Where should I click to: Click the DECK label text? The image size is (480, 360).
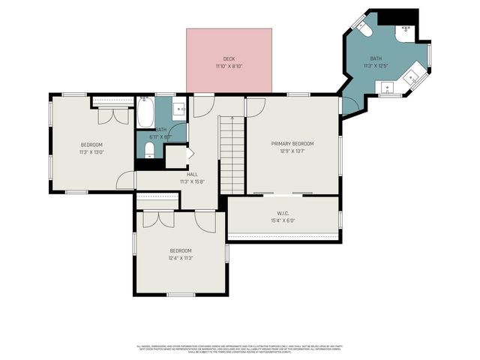click(229, 58)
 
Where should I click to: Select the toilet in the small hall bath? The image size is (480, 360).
click(149, 150)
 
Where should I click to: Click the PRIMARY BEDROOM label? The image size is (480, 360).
click(292, 143)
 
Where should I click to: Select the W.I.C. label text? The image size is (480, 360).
click(283, 213)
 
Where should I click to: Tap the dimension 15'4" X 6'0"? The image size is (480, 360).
click(283, 220)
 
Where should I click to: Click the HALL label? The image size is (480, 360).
click(193, 174)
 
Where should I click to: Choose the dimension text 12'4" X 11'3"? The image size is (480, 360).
click(180, 258)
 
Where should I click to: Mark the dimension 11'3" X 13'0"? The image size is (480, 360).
click(91, 151)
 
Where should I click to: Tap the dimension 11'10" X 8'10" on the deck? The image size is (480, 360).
click(229, 66)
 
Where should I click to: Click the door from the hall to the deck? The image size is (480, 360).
click(202, 106)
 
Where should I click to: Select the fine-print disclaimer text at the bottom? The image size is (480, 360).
click(239, 349)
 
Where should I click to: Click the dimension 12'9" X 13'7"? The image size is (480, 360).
click(292, 151)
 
